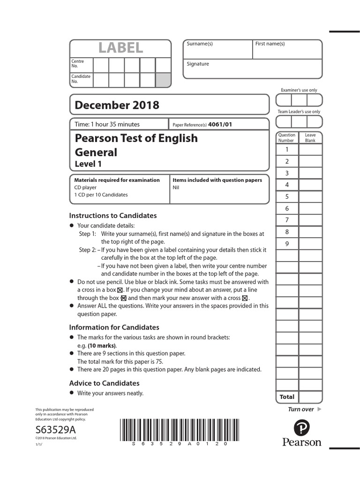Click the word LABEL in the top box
120,48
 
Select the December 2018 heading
117,105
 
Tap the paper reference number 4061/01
220,125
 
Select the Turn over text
301,409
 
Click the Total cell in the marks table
287,397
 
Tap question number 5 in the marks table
287,197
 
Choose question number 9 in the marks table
287,244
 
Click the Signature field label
198,64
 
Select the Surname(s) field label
200,44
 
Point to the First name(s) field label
270,44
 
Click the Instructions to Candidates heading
113,216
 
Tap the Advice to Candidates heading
105,383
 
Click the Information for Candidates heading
114,327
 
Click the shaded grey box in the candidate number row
163,80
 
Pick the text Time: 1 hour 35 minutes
107,125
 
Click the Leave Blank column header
310,138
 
